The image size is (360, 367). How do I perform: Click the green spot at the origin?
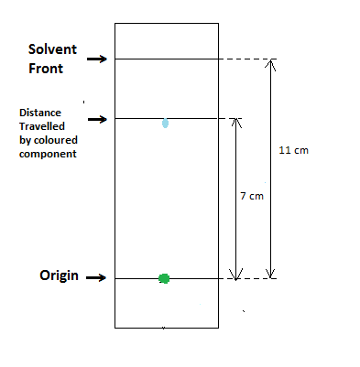tap(164, 278)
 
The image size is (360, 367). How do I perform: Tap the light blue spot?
tap(165, 124)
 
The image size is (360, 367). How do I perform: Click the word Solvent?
tap(52, 49)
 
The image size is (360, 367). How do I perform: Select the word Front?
tap(46, 69)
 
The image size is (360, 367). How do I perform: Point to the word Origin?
tap(59, 275)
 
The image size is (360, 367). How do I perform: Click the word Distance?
tap(40, 113)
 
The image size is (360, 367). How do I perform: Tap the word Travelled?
tap(42, 126)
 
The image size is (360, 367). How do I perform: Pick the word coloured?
tap(56, 140)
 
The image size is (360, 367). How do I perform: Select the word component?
tap(48, 154)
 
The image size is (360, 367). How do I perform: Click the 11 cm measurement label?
tap(294, 150)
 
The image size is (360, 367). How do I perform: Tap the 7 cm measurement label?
tap(252, 196)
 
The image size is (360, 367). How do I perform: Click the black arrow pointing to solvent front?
tap(97, 59)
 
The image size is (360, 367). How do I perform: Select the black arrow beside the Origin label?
tap(96, 277)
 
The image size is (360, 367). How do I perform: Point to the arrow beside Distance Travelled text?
tap(97, 119)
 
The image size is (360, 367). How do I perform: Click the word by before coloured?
tap(25, 140)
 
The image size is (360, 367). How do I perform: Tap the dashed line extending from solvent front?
tap(248, 59)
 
